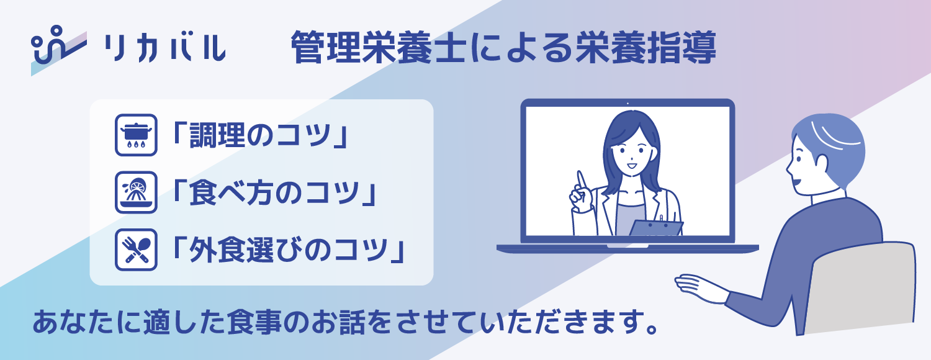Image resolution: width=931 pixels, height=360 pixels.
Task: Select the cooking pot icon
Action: [136, 134]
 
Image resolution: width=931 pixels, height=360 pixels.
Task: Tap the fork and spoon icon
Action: [136, 250]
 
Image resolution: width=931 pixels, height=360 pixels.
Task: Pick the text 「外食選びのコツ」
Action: [289, 250]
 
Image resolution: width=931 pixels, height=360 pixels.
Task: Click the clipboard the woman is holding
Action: [655, 227]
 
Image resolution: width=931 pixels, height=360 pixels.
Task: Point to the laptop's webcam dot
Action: [628, 103]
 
